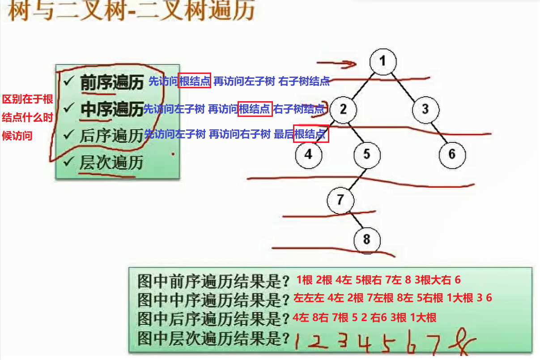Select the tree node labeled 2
coord(343,109)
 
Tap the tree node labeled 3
coord(425,109)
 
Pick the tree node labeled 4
coord(308,154)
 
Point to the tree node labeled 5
coord(367,155)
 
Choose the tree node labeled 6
coord(451,154)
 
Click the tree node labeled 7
coord(340,200)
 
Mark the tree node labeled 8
coord(367,239)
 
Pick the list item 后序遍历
coord(111,136)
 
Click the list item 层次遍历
coord(111,163)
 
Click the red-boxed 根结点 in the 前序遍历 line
coord(194,81)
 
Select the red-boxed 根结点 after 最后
coord(311,133)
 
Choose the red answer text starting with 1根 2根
coord(378,280)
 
